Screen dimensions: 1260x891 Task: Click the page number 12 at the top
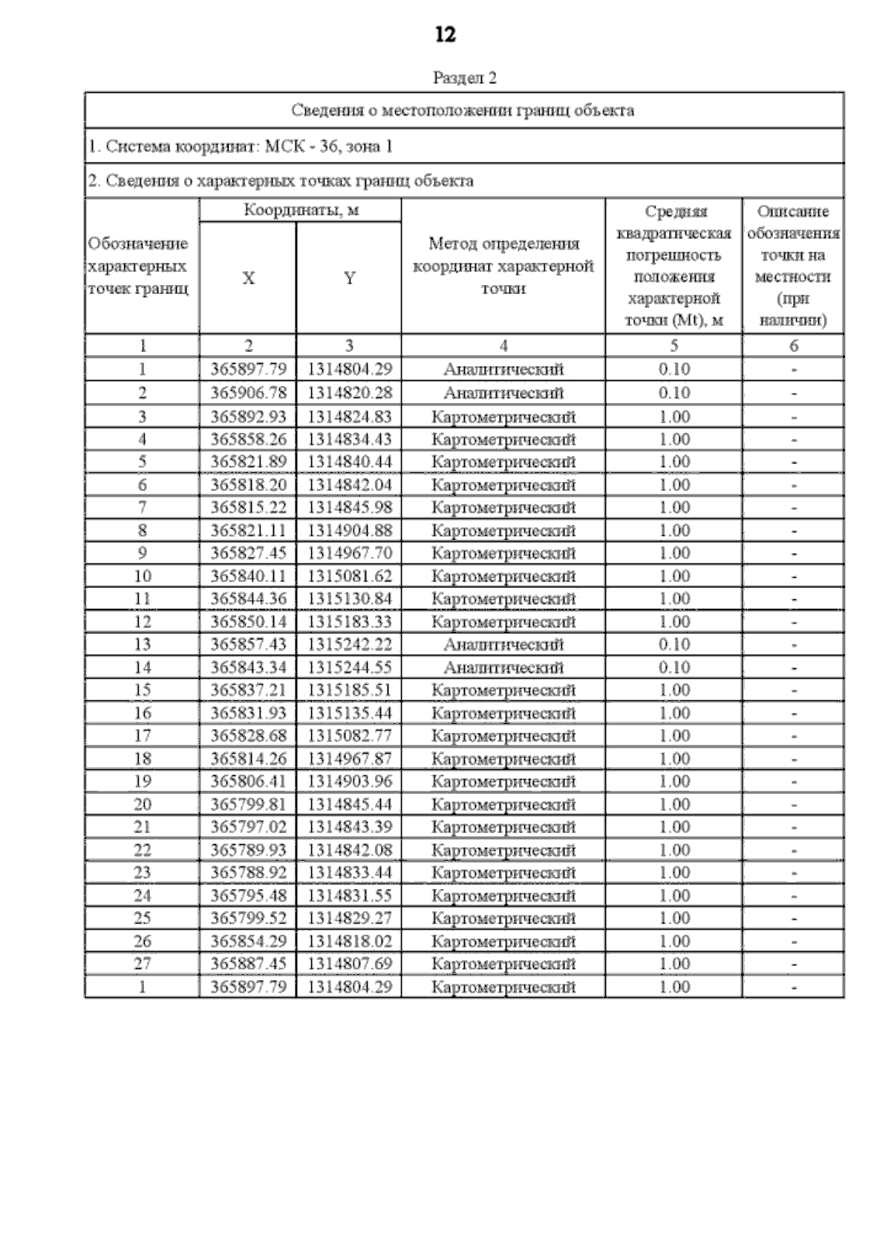click(446, 35)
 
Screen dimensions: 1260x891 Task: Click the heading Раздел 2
click(464, 78)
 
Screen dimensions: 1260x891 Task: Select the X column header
click(248, 278)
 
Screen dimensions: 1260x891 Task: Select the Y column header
click(349, 278)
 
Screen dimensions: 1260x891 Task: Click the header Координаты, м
click(301, 211)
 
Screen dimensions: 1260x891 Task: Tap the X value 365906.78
click(248, 393)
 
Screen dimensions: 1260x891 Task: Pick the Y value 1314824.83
click(349, 417)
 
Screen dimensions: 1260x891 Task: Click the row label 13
click(142, 644)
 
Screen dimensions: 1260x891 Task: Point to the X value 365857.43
click(248, 644)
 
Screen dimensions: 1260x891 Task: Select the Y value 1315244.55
click(349, 667)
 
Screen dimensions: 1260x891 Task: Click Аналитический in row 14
click(503, 667)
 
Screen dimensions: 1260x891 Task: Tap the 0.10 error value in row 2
click(673, 393)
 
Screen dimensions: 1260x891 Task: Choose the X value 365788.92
click(248, 872)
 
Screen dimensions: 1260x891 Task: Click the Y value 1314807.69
click(349, 964)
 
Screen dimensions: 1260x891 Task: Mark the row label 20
click(142, 804)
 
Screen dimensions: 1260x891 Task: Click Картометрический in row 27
click(503, 964)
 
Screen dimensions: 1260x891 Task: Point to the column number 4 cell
click(503, 345)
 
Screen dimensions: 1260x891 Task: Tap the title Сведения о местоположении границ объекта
click(463, 111)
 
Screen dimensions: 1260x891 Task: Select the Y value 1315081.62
click(349, 576)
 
